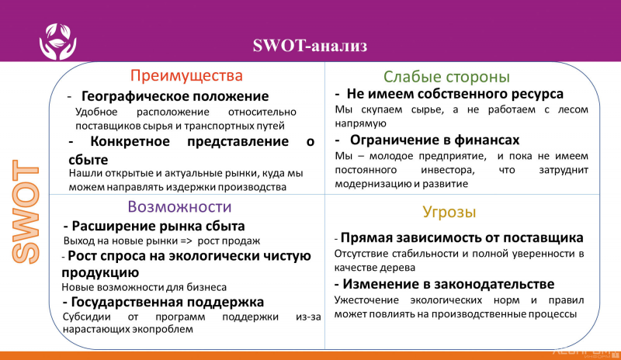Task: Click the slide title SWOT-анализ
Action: pos(310,44)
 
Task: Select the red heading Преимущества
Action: pos(186,75)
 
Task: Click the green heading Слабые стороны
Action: pos(446,77)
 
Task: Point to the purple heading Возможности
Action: pos(179,207)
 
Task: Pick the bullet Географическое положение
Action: pos(175,96)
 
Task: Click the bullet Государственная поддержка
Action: pos(167,301)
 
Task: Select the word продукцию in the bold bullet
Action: pos(100,272)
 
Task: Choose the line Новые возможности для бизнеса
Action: pos(144,286)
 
